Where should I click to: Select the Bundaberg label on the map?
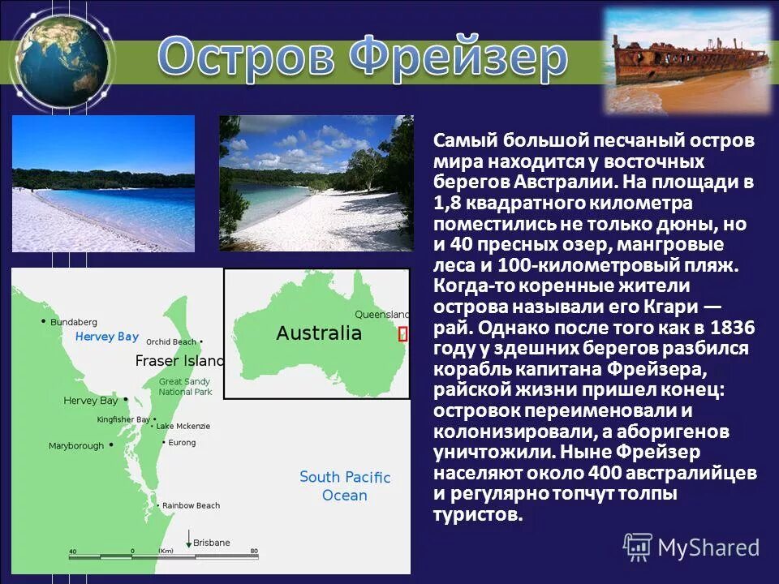(x=73, y=322)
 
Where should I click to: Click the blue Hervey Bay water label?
(x=106, y=337)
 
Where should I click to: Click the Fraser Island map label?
(x=179, y=361)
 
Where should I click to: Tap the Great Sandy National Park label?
(x=185, y=387)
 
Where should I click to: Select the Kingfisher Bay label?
(x=123, y=419)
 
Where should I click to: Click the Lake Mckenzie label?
(x=183, y=426)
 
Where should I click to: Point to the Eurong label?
(x=182, y=443)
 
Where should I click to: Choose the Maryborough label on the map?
(x=76, y=445)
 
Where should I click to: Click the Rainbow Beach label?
(x=191, y=505)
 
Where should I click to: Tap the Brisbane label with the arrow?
(x=211, y=543)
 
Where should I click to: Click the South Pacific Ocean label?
(x=345, y=486)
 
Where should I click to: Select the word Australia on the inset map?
(x=318, y=333)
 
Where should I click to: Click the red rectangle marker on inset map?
(x=402, y=333)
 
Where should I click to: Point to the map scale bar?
(x=163, y=557)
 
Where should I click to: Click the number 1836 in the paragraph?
(x=731, y=328)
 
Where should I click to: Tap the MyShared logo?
(x=692, y=547)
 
